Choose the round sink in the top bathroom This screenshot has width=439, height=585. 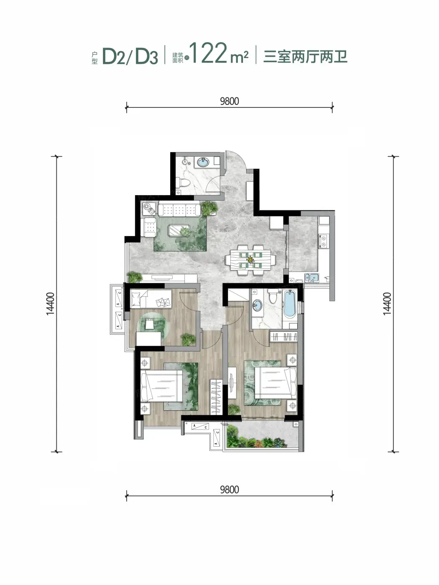point(204,162)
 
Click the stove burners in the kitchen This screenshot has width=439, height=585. point(324,241)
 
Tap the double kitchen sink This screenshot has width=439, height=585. point(312,277)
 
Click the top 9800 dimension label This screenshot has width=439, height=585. point(230,101)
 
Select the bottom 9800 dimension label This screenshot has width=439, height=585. point(230,490)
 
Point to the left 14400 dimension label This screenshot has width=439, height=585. point(50,303)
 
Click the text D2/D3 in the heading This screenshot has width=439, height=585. point(130,56)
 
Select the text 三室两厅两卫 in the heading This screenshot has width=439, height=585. point(305,56)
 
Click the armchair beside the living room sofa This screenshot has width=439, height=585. point(149,227)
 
